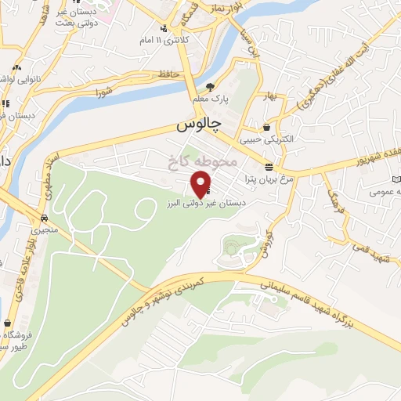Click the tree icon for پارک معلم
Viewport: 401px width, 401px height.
pos(210,87)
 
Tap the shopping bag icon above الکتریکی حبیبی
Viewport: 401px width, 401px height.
pos(266,127)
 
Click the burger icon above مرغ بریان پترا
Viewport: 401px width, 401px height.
pos(269,167)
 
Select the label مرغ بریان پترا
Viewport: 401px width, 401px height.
pos(271,179)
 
